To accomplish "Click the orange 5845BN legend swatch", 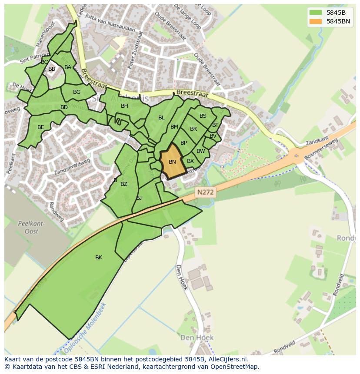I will pos(316,21).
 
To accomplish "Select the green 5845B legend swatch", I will pos(316,13).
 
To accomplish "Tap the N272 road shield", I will pos(205,192).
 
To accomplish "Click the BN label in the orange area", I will pos(172,162).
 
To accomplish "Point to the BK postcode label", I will pos(99,258).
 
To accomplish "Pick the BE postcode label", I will pos(41,127).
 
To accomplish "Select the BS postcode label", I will pos(203,116).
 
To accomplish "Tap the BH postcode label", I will pos(124,106).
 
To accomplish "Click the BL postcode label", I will pos(161,118).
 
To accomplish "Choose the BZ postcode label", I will pos(124,184).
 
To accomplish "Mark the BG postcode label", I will pos(77,92).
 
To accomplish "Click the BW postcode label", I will pos(200,151).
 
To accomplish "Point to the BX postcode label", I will pos(190,161).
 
